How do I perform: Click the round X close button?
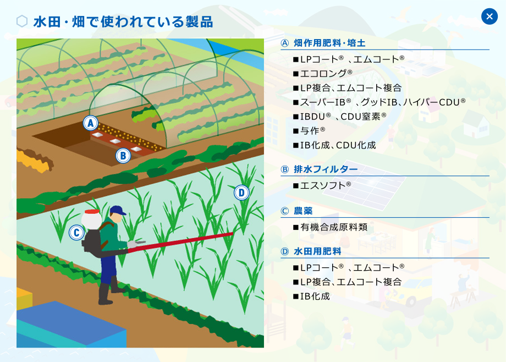point(489,17)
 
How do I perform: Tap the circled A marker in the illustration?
point(90,123)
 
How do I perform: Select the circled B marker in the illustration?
point(123,156)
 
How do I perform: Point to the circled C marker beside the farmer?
point(76,233)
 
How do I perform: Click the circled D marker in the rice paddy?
point(241,193)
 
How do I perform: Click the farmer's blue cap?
point(118,211)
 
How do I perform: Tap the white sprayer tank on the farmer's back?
point(91,220)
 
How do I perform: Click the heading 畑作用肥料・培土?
point(329,43)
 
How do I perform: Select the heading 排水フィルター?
point(326,169)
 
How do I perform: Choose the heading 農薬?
point(303,211)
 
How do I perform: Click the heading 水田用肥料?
point(317,251)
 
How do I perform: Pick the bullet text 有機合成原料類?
point(334,227)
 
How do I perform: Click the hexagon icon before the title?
point(22,21)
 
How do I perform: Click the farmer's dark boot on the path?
point(105,294)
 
